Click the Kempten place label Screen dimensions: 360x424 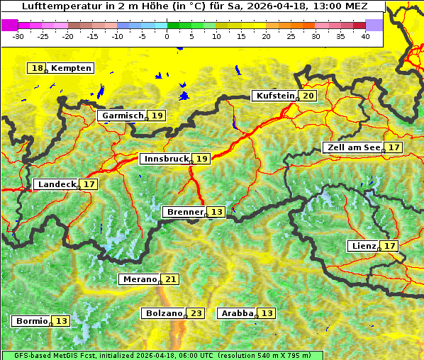(72, 68)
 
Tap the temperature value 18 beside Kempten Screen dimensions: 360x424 (37, 68)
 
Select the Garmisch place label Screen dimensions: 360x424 (122, 116)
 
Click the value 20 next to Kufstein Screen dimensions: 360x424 (308, 96)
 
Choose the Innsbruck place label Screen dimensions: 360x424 (164, 159)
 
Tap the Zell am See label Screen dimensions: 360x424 (352, 147)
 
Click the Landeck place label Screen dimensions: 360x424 (56, 184)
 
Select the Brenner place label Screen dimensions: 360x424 (184, 212)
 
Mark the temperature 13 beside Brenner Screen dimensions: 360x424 (216, 212)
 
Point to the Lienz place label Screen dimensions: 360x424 (363, 246)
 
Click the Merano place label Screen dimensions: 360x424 (138, 279)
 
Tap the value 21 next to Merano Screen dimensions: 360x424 (170, 279)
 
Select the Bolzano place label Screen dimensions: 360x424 (163, 313)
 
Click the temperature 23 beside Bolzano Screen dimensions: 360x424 (196, 313)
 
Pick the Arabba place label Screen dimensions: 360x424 (236, 313)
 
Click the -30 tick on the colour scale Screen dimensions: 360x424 (18, 35)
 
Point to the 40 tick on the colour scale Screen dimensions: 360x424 (365, 35)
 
